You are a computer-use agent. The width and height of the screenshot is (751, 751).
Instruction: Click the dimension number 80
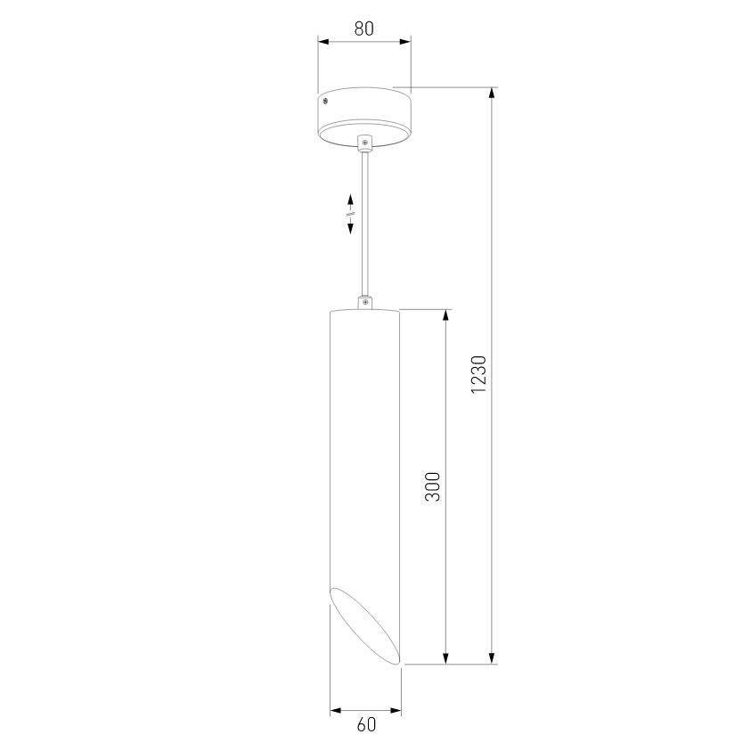364,29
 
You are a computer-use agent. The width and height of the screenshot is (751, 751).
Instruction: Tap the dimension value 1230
478,374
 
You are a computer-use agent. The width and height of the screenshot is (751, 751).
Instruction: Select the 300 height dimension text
432,486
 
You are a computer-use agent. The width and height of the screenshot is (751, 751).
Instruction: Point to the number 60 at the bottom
366,724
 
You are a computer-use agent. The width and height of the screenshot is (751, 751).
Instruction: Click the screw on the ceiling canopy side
325,101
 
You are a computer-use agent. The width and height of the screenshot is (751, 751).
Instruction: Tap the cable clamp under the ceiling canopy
365,143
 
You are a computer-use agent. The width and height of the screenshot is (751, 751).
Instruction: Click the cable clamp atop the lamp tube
365,302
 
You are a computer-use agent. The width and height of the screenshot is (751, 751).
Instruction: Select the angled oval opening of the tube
365,626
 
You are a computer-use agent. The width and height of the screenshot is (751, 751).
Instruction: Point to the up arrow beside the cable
351,201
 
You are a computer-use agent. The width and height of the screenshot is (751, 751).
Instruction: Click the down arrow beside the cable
351,225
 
